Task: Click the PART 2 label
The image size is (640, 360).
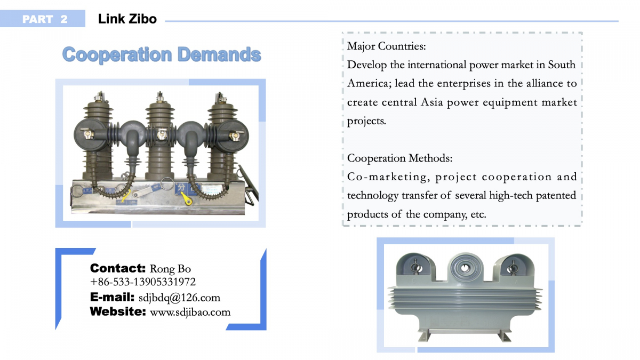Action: coord(45,19)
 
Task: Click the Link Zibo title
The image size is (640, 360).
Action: coord(127,19)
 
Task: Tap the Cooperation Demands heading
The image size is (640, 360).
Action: coord(162,54)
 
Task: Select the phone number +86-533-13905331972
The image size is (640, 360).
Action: coord(143,282)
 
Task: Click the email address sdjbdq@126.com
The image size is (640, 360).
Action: coord(179,298)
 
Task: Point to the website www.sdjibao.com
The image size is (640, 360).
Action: coord(190,312)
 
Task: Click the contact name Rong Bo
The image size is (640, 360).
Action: coord(170,269)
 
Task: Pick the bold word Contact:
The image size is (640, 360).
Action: coord(118,268)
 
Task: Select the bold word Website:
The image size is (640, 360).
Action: coord(118,311)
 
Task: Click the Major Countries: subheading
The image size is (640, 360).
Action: coord(386,46)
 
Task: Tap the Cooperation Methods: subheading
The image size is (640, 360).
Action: coord(399,158)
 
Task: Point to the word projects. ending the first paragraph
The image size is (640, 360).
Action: coord(366,121)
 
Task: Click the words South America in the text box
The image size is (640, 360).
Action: coord(462,74)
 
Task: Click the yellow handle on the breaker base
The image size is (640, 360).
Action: coord(186,198)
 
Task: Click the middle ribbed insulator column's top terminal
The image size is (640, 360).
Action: coord(161,97)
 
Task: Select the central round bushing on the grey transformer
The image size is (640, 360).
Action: coord(465,268)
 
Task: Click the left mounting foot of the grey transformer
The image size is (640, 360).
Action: coord(426,336)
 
